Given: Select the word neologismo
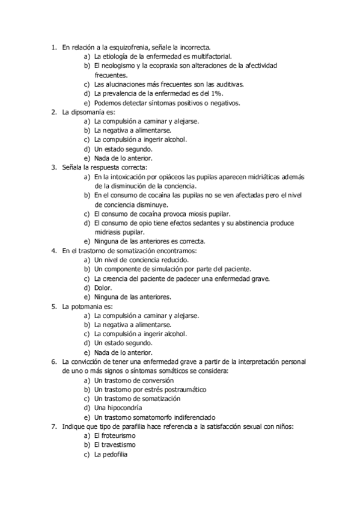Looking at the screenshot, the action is click(x=120, y=66).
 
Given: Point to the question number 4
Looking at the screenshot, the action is click(x=53, y=250).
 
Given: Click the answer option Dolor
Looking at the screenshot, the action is click(x=103, y=287).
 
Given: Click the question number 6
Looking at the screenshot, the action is click(x=53, y=362).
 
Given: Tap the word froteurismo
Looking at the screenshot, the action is click(x=119, y=435).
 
